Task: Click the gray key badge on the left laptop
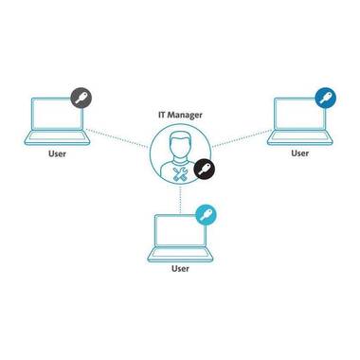click(x=81, y=98)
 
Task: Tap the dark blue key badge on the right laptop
click(x=326, y=98)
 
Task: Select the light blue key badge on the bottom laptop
click(x=206, y=215)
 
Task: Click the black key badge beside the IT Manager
click(x=204, y=169)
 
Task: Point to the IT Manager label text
click(x=180, y=115)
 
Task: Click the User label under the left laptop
click(x=57, y=153)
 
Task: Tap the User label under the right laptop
click(x=300, y=153)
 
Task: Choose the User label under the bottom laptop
click(x=180, y=269)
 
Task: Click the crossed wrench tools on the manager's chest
click(x=181, y=174)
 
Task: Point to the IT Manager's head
click(x=180, y=144)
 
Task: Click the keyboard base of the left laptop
click(x=57, y=137)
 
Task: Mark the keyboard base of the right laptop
click(x=300, y=137)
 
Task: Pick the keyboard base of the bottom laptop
click(x=180, y=255)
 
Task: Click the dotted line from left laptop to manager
click(x=117, y=138)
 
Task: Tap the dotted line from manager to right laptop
click(x=243, y=138)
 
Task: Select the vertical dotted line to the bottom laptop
click(x=180, y=200)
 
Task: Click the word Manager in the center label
click(x=185, y=115)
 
